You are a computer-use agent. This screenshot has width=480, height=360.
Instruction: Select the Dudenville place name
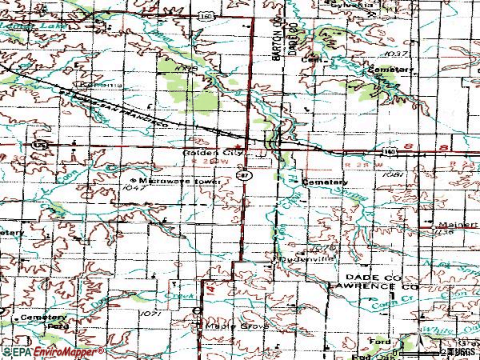pyautogui.click(x=298, y=260)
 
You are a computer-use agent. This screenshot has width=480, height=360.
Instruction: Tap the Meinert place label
pyautogui.click(x=454, y=225)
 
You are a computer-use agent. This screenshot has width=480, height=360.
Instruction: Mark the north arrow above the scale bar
pyautogui.click(x=413, y=342)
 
